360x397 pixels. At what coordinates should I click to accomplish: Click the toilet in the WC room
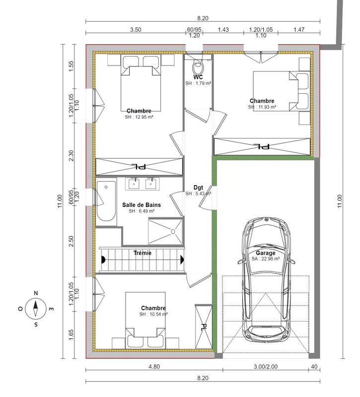pyautogui.click(x=198, y=66)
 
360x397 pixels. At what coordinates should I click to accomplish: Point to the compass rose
pyautogui.click(x=35, y=309)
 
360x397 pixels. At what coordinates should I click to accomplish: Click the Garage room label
pyautogui.click(x=265, y=253)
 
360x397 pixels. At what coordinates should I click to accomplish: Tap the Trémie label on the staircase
pyautogui.click(x=143, y=253)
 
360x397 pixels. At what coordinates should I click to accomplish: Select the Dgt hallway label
pyautogui.click(x=198, y=188)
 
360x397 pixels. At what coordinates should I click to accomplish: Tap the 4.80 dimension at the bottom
pyautogui.click(x=153, y=368)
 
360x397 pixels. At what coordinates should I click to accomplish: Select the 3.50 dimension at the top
pyautogui.click(x=136, y=30)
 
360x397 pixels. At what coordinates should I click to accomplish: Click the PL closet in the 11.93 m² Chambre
pyautogui.click(x=262, y=146)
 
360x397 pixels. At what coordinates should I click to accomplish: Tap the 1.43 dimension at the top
pyautogui.click(x=223, y=30)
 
